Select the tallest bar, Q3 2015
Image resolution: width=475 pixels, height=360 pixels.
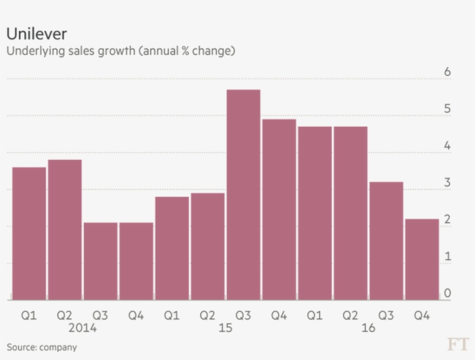243,195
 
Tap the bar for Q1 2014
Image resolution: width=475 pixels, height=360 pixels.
29,234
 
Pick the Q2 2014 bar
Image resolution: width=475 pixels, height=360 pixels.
65,230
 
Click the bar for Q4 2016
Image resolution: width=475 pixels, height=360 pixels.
422,259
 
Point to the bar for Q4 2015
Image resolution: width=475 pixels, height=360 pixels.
279,209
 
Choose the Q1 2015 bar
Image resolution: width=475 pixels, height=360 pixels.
172,248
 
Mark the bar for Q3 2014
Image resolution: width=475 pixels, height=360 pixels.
100,261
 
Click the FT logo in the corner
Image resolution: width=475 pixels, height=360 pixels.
456,344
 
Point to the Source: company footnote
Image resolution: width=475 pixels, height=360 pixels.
42,347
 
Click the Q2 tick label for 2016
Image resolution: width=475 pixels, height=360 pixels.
350,315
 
